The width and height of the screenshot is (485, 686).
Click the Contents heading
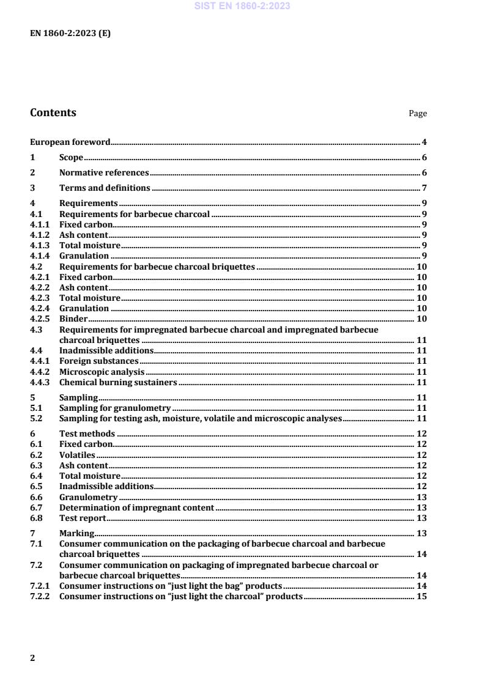[53, 112]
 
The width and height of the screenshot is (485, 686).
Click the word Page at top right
[418, 114]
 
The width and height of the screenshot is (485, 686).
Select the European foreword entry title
[70, 142]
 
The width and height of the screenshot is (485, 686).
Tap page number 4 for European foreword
[424, 142]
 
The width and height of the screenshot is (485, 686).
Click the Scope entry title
[71, 158]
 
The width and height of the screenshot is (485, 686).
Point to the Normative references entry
[104, 173]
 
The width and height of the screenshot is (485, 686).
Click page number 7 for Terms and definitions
[424, 188]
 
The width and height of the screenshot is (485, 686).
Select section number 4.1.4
[40, 256]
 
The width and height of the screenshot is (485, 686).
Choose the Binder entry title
[73, 319]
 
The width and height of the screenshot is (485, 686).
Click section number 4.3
[35, 330]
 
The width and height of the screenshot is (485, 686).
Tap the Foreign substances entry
[98, 361]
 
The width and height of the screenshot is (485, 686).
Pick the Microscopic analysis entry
[102, 372]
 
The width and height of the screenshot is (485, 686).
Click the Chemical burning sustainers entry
[118, 382]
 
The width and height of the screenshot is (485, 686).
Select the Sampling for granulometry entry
[115, 408]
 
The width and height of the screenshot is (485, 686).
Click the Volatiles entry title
[77, 455]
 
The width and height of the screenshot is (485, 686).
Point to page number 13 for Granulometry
[421, 497]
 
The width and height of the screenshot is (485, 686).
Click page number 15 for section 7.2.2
[421, 596]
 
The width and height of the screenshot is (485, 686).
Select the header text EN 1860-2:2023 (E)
[70, 34]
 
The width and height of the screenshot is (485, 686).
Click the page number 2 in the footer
[33, 658]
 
